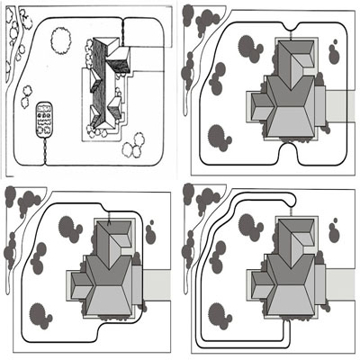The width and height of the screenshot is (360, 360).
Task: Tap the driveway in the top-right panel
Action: (335, 105)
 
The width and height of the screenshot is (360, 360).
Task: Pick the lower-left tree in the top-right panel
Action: (218, 138)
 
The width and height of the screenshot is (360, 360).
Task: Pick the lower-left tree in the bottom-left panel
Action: (39, 316)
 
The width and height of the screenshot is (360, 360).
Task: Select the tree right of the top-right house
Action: (333, 55)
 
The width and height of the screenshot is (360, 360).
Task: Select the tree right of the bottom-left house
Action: (150, 235)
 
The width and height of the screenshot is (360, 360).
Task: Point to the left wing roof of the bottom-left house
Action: (79, 286)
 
